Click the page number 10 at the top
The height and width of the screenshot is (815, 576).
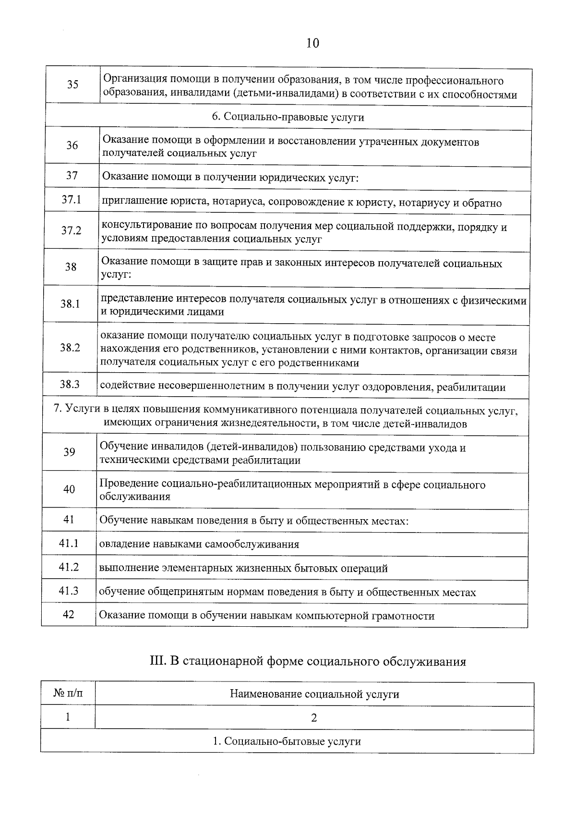312,44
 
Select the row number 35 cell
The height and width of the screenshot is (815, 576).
73,85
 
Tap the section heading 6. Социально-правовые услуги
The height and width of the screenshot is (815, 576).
288,118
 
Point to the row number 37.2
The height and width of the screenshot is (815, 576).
71,231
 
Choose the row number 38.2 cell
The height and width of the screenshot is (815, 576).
70,348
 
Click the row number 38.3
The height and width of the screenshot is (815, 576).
70,384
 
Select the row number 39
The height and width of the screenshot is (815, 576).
69,452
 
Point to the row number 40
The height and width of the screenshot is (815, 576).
69,489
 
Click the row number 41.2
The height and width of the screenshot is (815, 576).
69,567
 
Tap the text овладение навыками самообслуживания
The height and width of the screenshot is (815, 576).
199,545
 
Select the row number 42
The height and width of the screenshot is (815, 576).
69,614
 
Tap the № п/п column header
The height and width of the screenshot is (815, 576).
68,693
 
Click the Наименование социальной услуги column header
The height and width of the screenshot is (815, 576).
314,694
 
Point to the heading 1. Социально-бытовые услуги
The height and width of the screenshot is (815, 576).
287,741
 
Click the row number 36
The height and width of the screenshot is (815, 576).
72,146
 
